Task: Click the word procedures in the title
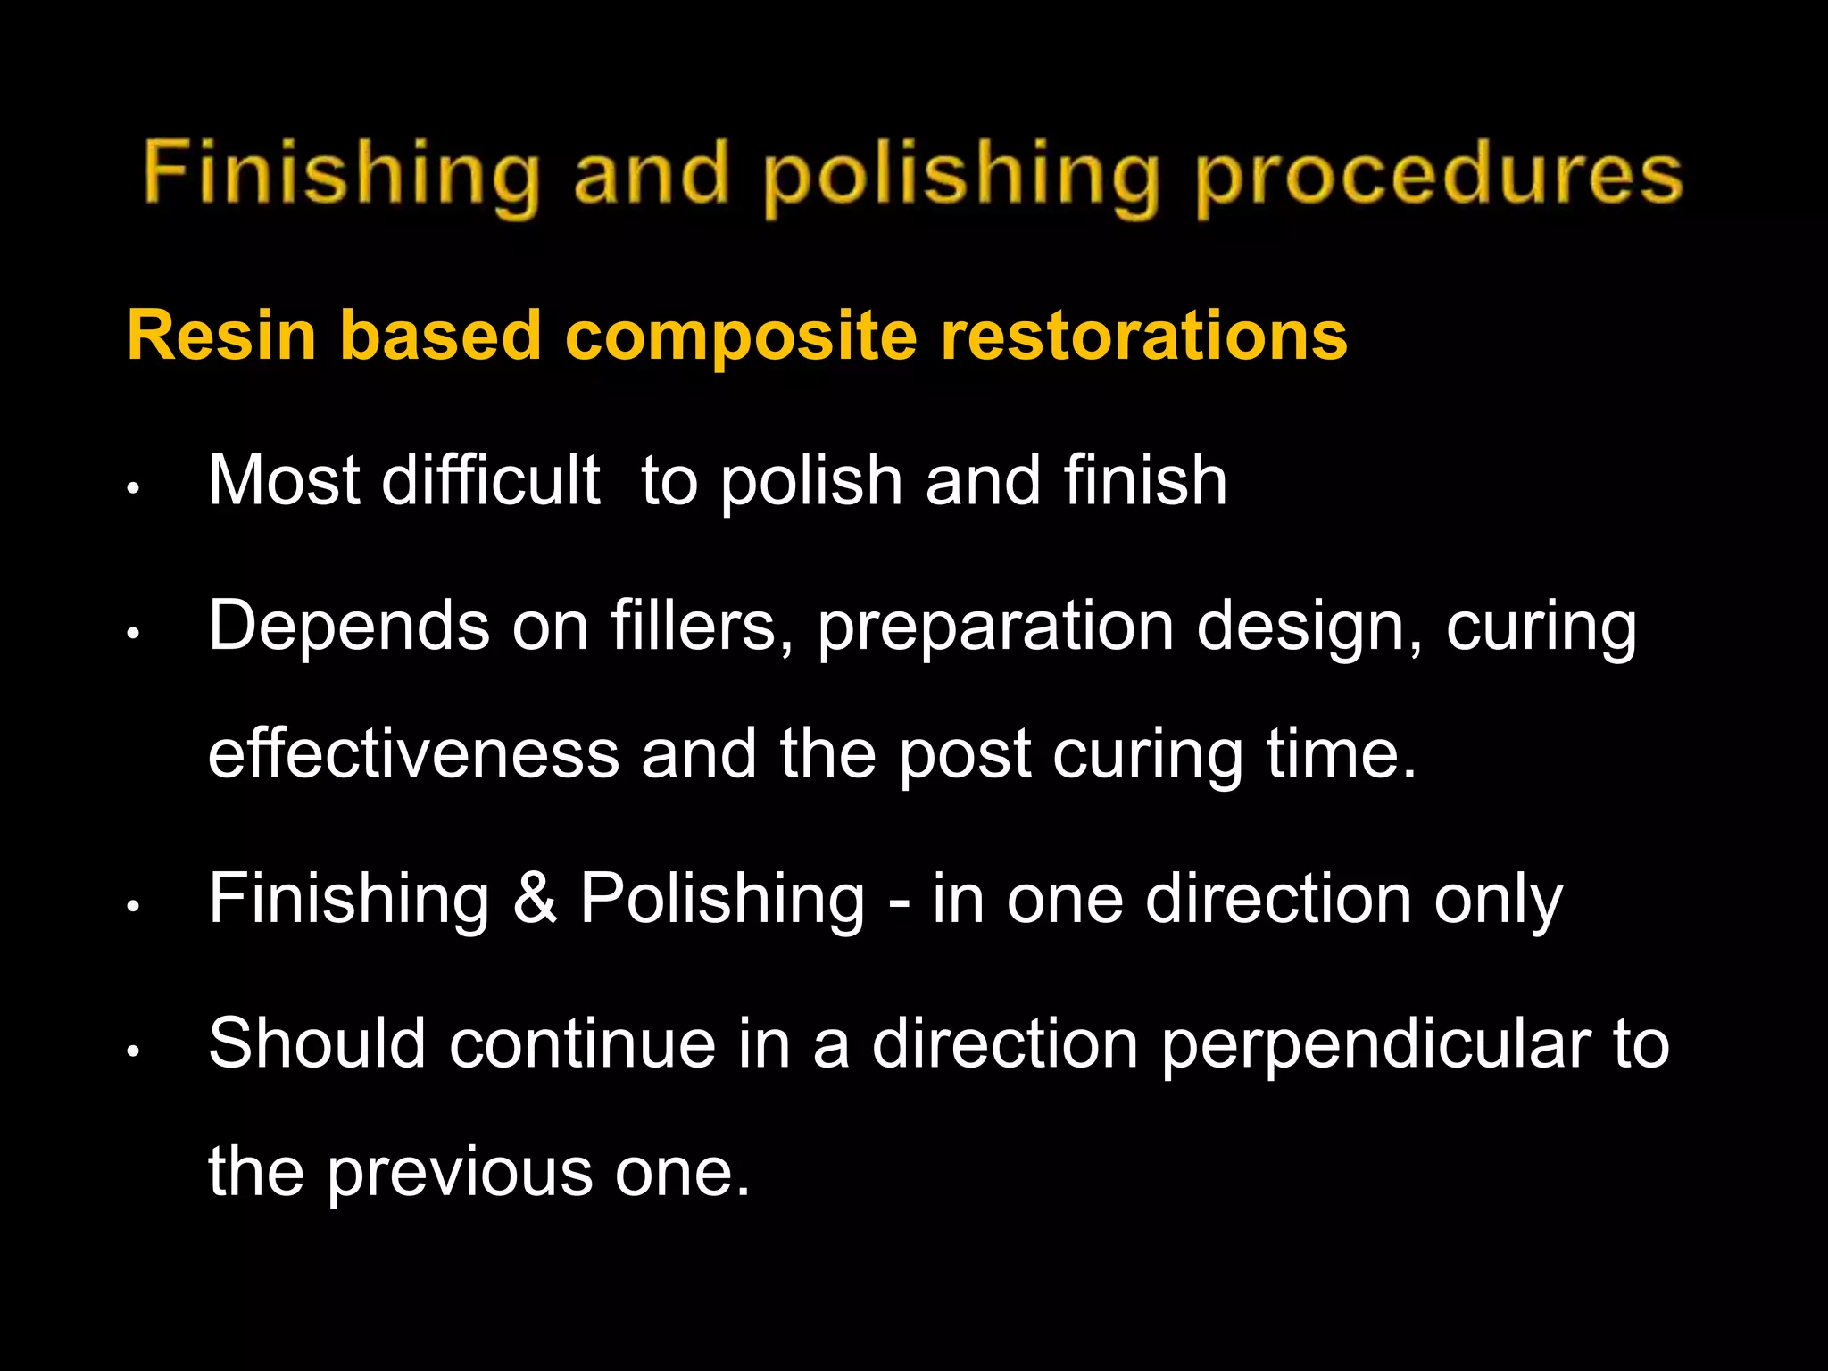(x=1439, y=176)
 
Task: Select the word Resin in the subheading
(x=221, y=336)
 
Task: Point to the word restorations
(x=1143, y=336)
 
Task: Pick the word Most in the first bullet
(x=284, y=481)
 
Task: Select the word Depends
(x=349, y=627)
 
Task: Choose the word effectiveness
(x=413, y=754)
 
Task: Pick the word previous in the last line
(x=459, y=1173)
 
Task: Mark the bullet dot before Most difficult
(x=132, y=489)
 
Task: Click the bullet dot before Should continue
(x=132, y=1051)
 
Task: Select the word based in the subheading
(x=441, y=336)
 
